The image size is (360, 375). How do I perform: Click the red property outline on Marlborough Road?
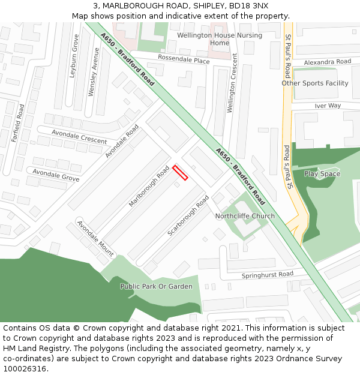(x=181, y=173)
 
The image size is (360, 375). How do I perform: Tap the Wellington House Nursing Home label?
(x=220, y=39)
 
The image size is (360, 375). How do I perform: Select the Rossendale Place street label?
(x=184, y=61)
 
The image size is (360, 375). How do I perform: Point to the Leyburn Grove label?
(x=75, y=56)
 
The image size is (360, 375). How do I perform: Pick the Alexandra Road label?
(x=327, y=62)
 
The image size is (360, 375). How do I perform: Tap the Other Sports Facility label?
(x=315, y=83)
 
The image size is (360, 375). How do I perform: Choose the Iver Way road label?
(x=328, y=106)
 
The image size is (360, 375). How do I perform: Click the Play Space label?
(x=322, y=174)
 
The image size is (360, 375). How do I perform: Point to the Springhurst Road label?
(x=268, y=275)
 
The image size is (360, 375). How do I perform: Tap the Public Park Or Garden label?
(x=157, y=286)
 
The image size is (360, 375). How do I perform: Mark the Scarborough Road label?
(x=188, y=215)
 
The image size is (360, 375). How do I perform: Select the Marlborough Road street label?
(x=149, y=187)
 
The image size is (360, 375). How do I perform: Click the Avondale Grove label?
(x=56, y=175)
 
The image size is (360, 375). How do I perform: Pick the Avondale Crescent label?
(x=79, y=137)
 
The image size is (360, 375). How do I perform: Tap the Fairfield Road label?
(x=19, y=124)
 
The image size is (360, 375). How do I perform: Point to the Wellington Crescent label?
(x=232, y=83)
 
